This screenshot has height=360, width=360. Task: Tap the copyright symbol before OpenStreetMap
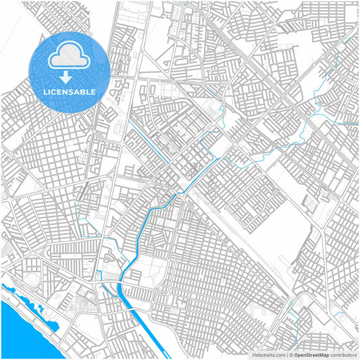pos(292,354)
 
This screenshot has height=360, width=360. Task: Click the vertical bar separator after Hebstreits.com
pos(286,354)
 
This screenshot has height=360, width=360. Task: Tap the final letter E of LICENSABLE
pos(93,91)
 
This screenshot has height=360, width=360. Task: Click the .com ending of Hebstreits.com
pos(279,354)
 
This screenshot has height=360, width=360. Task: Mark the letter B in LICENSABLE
pos(83,91)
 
